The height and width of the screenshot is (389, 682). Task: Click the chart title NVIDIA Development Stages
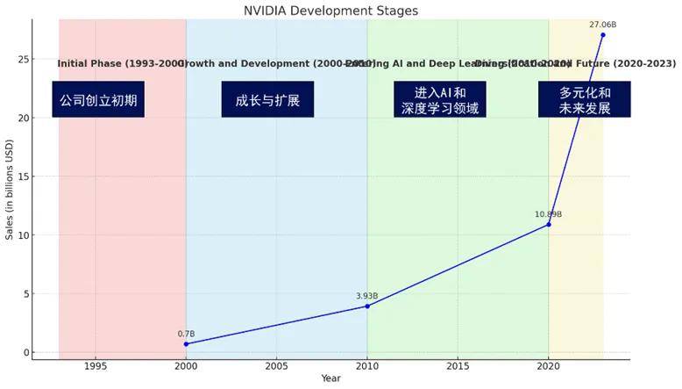pyautogui.click(x=330, y=11)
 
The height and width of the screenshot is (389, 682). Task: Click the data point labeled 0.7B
pyautogui.click(x=186, y=344)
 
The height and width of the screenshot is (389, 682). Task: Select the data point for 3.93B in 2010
pyautogui.click(x=367, y=306)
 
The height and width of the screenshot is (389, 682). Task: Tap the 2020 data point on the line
pyautogui.click(x=549, y=224)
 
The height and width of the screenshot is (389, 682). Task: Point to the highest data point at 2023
pyautogui.click(x=603, y=34)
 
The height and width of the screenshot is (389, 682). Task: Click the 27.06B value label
pyautogui.click(x=603, y=25)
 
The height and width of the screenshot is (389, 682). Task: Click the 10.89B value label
pyautogui.click(x=549, y=214)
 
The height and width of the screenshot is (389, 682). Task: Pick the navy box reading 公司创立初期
pyautogui.click(x=98, y=100)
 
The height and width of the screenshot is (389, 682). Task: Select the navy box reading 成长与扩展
pyautogui.click(x=267, y=100)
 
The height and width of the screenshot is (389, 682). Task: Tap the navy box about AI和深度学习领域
pyautogui.click(x=440, y=100)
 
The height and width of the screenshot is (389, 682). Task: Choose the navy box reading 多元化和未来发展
pyautogui.click(x=584, y=100)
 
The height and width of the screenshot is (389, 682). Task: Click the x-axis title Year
pyautogui.click(x=330, y=378)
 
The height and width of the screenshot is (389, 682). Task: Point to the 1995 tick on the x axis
pyautogui.click(x=96, y=366)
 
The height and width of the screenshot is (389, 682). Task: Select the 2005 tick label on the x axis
pyautogui.click(x=276, y=366)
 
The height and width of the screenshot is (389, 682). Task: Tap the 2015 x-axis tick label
pyautogui.click(x=458, y=366)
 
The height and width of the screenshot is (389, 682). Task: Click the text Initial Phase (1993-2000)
pyautogui.click(x=122, y=64)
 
